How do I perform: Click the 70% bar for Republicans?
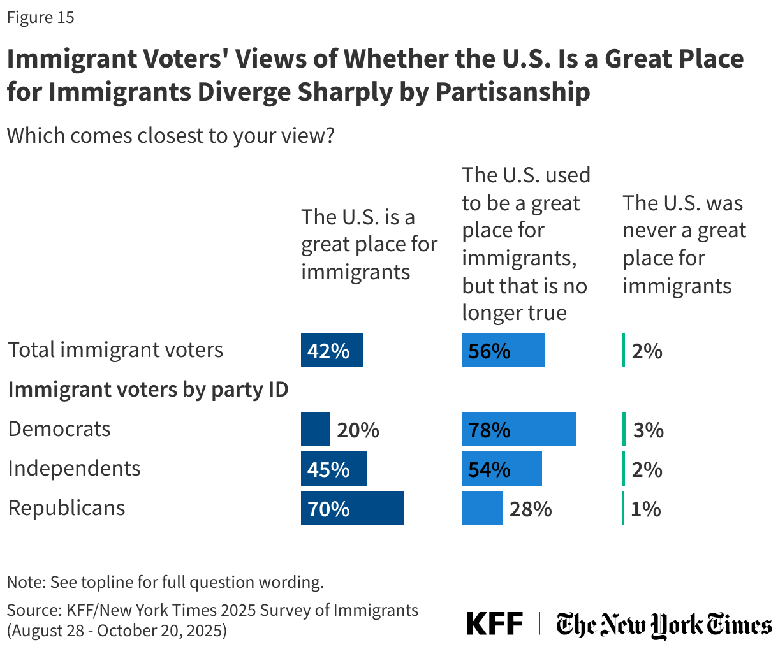click(x=352, y=508)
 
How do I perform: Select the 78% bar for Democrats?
click(x=518, y=429)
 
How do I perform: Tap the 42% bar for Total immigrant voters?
click(x=332, y=350)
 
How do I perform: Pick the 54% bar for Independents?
click(x=501, y=469)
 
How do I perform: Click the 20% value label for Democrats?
click(x=358, y=430)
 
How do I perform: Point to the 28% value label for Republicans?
click(x=530, y=509)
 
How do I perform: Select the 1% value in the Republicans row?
click(x=645, y=509)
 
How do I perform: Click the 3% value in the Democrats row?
click(x=648, y=430)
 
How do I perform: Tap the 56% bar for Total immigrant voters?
click(x=503, y=350)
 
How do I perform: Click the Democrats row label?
click(x=59, y=429)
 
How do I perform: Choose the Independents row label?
click(x=74, y=469)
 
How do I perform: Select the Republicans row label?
click(x=66, y=508)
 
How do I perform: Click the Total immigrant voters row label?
click(x=115, y=350)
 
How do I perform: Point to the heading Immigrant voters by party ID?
click(x=148, y=390)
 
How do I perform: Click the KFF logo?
click(x=494, y=623)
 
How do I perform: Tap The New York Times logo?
click(x=663, y=625)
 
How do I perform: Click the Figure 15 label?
click(x=40, y=17)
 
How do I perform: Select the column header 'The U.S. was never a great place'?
click(x=684, y=244)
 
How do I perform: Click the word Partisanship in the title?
click(x=513, y=92)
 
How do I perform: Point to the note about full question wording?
click(x=165, y=582)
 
